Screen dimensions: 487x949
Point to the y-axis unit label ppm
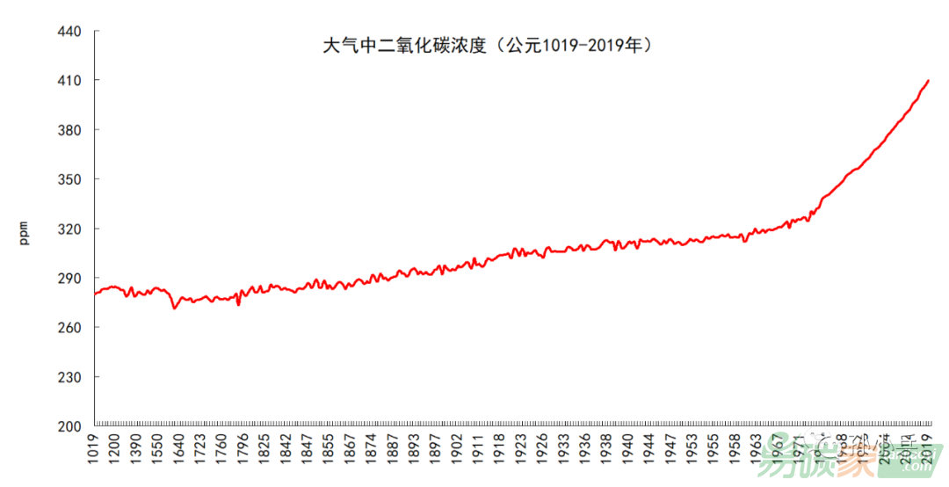(x=24, y=232)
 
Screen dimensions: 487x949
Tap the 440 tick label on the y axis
(x=69, y=32)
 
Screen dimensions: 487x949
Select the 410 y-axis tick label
(x=69, y=81)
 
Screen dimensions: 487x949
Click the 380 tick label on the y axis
(x=69, y=130)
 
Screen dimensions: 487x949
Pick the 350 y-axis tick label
(x=69, y=179)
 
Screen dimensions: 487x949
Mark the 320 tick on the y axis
(x=69, y=229)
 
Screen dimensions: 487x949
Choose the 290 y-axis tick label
(x=69, y=279)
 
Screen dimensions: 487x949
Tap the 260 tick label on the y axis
(x=69, y=328)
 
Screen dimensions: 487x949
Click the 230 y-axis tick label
(x=69, y=377)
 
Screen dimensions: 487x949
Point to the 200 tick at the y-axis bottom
(x=69, y=426)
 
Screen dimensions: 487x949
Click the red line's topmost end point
(x=928, y=81)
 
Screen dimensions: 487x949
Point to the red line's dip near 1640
(x=174, y=308)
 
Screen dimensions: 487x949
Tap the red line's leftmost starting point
(x=95, y=293)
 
